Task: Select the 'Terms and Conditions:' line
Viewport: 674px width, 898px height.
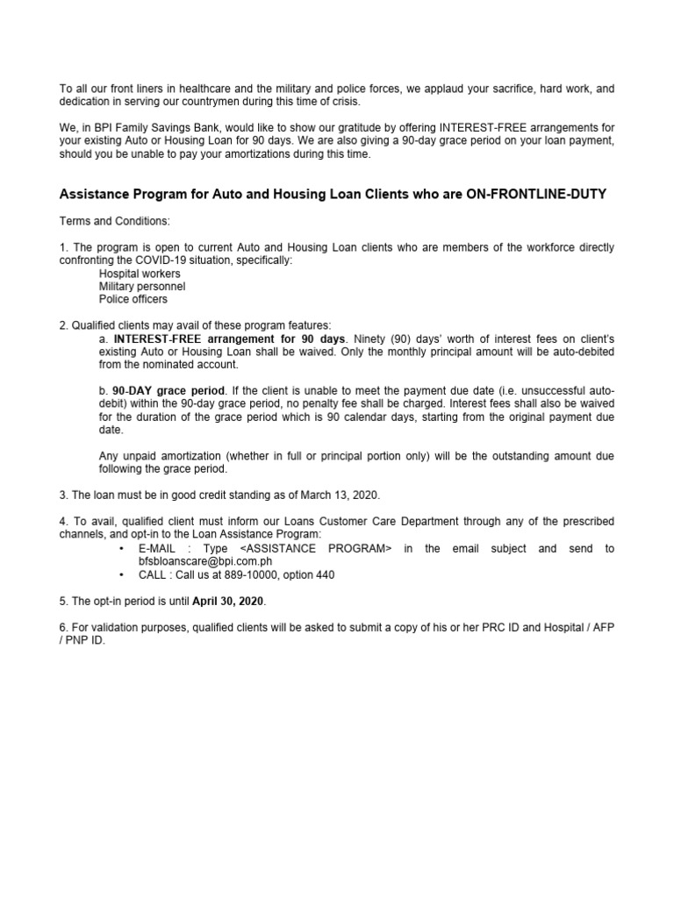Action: (113, 221)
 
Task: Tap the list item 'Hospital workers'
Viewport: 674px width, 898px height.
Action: (140, 274)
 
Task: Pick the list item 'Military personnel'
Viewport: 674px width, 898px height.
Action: (142, 287)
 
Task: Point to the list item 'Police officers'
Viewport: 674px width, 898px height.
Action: (133, 299)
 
